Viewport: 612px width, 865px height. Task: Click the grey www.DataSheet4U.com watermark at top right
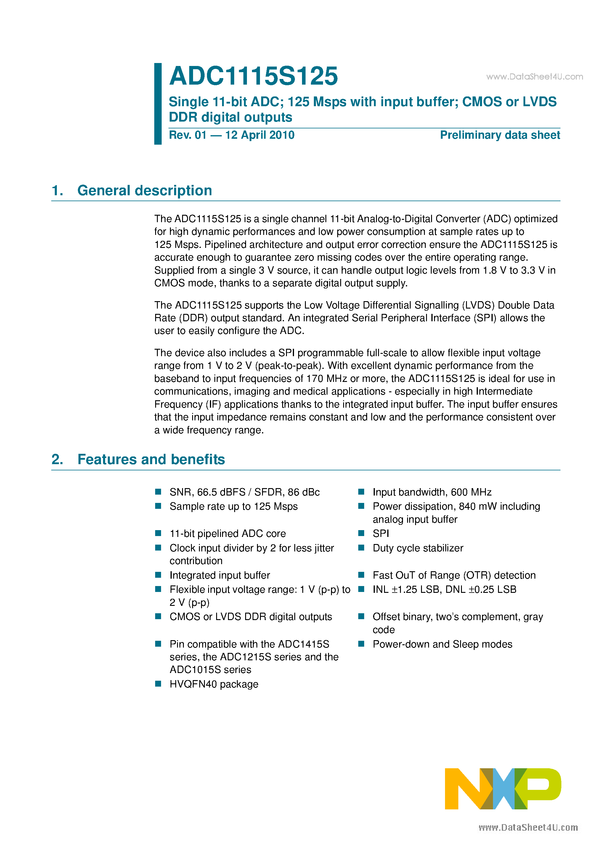pyautogui.click(x=534, y=77)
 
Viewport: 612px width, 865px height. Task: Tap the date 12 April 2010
pyautogui.click(x=260, y=135)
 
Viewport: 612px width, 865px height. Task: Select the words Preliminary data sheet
pyautogui.click(x=499, y=135)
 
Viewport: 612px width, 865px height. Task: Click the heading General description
pyautogui.click(x=144, y=191)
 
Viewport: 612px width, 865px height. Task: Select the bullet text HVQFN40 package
pyautogui.click(x=214, y=684)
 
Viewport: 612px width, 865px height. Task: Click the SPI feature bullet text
pyautogui.click(x=380, y=533)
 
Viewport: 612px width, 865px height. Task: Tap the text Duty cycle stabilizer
pyautogui.click(x=418, y=548)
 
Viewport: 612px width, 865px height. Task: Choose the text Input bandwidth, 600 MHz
pyautogui.click(x=432, y=492)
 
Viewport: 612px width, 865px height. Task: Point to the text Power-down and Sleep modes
pyautogui.click(x=442, y=645)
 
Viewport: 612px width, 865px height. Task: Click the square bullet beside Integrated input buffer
pyautogui.click(x=158, y=575)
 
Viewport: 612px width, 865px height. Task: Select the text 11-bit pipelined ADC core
pyautogui.click(x=228, y=534)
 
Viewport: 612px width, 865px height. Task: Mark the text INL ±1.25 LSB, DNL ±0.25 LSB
pyautogui.click(x=444, y=590)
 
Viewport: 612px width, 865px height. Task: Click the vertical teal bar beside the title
pyautogui.click(x=158, y=104)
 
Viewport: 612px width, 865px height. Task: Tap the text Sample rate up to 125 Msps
pyautogui.click(x=233, y=507)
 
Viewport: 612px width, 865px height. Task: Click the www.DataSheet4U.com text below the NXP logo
pyautogui.click(x=528, y=828)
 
